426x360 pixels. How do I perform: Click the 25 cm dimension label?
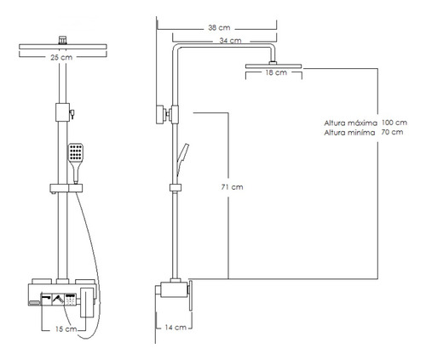click(61, 57)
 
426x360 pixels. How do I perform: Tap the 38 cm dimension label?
click(219, 28)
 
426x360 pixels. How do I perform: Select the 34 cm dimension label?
click(230, 41)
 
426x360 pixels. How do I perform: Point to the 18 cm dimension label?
click(276, 72)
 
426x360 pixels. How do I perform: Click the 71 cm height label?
click(233, 187)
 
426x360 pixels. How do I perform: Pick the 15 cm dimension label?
click(66, 329)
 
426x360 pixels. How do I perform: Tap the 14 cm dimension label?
click(176, 328)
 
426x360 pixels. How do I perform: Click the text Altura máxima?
click(351, 123)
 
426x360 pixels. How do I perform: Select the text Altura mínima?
click(349, 133)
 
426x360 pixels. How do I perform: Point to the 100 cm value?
click(394, 123)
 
